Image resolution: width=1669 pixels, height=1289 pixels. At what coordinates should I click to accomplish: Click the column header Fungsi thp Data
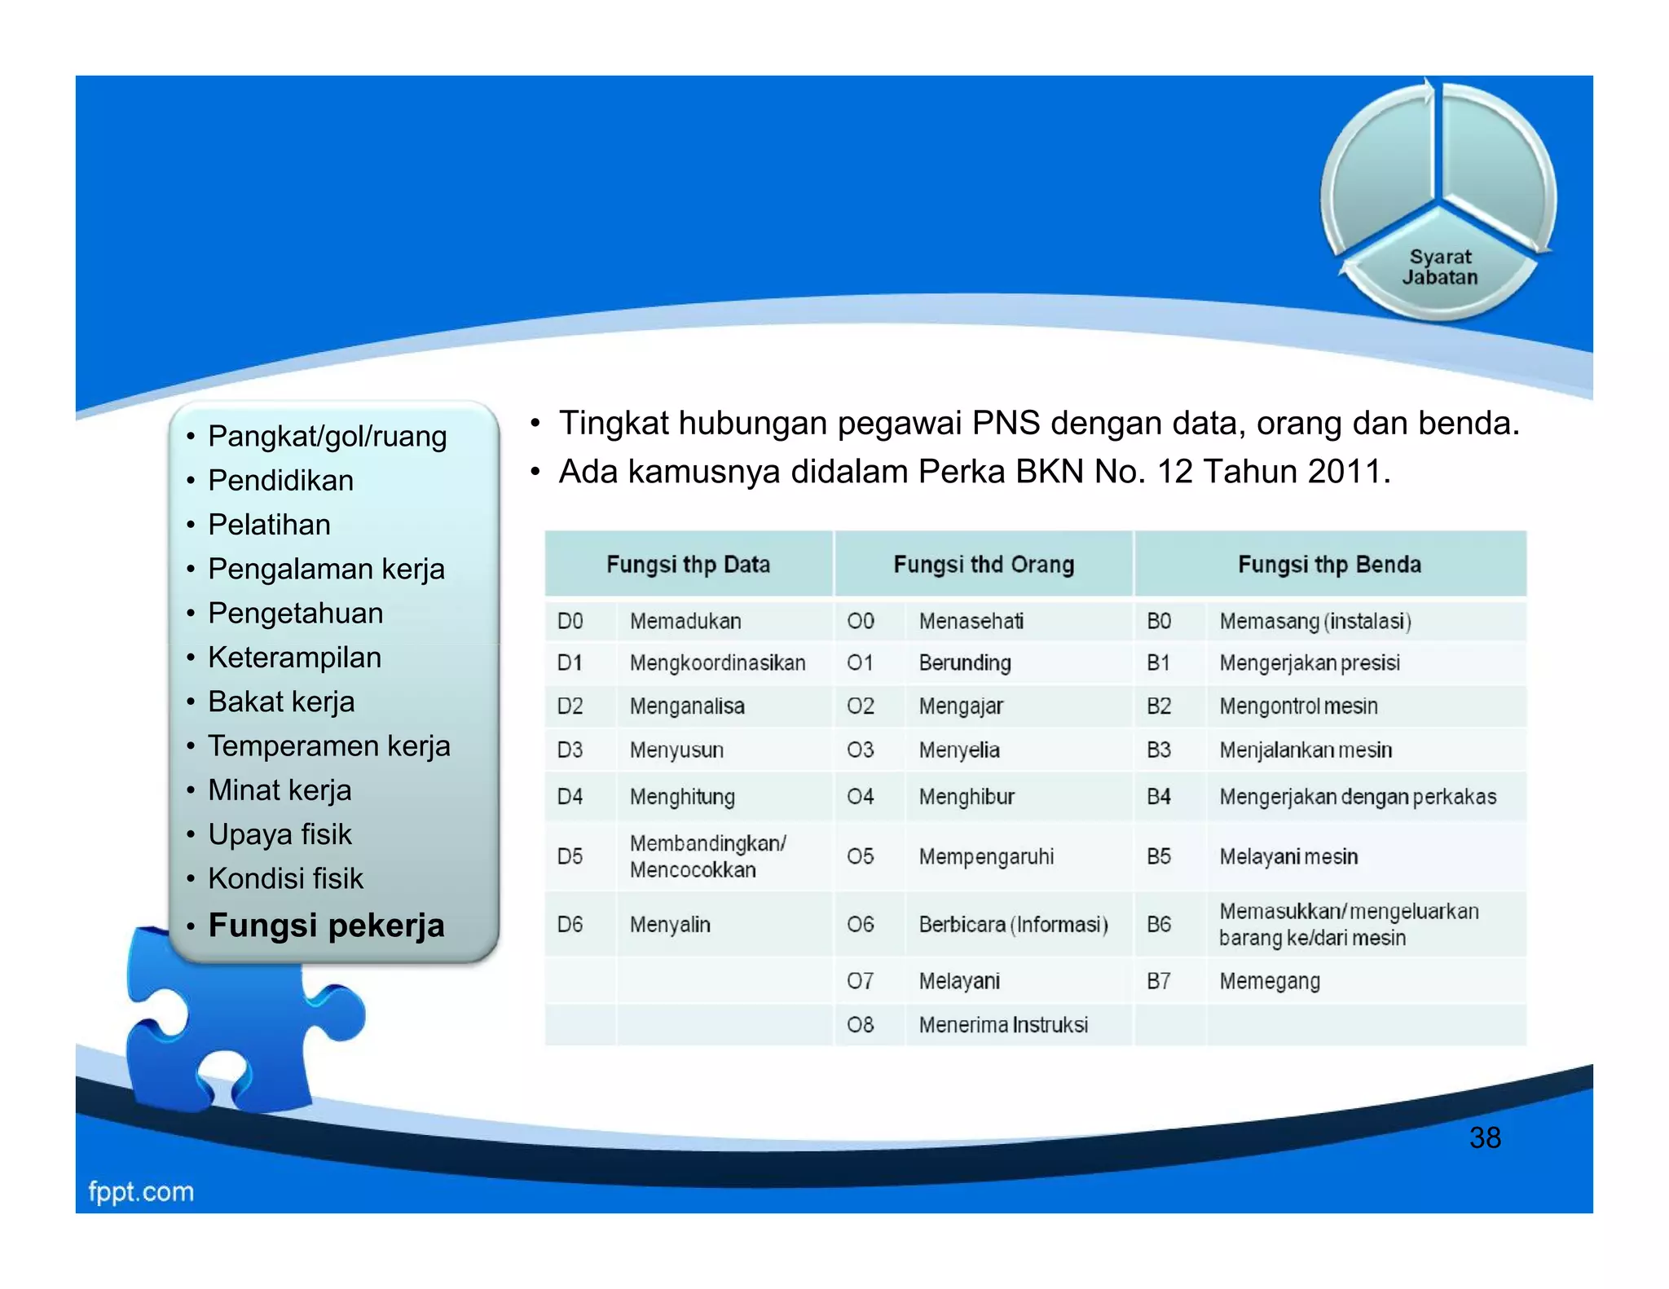pyautogui.click(x=688, y=564)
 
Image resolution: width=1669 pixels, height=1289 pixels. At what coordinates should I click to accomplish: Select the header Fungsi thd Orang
pyautogui.click(x=983, y=564)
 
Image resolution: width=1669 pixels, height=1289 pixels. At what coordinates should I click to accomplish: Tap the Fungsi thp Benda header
pyautogui.click(x=1328, y=564)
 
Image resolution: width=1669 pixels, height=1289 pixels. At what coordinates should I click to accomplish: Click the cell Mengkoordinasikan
pyautogui.click(x=717, y=662)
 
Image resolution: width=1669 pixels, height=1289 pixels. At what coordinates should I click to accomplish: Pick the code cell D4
pyautogui.click(x=570, y=796)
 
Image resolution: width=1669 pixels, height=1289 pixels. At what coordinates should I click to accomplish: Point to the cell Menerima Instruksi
pyautogui.click(x=1002, y=1024)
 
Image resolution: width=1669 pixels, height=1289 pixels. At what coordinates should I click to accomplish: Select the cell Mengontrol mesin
pyautogui.click(x=1297, y=706)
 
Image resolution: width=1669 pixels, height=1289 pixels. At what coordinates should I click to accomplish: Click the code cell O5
pyautogui.click(x=860, y=856)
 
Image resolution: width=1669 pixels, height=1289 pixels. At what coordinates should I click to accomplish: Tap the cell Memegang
pyautogui.click(x=1269, y=981)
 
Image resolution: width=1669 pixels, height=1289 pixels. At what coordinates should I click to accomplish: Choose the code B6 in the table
pyautogui.click(x=1158, y=924)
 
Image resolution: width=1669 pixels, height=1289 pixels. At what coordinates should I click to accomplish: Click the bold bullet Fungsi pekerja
pyautogui.click(x=326, y=926)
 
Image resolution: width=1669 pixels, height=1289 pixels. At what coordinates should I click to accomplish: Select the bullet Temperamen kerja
pyautogui.click(x=328, y=746)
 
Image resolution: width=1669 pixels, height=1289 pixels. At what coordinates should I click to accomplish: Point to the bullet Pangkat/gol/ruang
pyautogui.click(x=327, y=436)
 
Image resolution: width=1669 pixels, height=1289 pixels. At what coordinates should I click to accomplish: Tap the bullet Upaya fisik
pyautogui.click(x=280, y=834)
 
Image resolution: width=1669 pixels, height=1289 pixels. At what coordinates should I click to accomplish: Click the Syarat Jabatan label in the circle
pyautogui.click(x=1439, y=267)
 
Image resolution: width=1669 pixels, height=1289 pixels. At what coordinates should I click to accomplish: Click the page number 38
pyautogui.click(x=1484, y=1137)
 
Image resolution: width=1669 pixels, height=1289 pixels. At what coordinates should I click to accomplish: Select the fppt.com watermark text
pyautogui.click(x=141, y=1191)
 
